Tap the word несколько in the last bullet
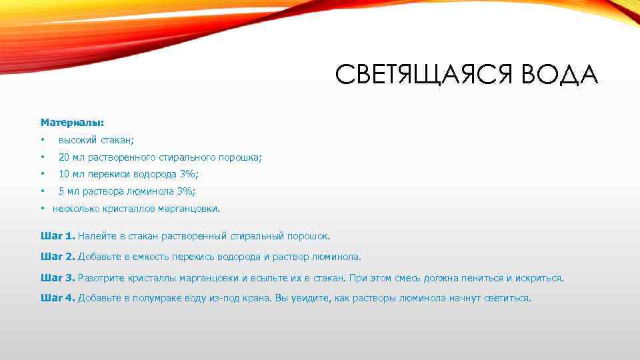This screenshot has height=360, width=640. [x=76, y=209]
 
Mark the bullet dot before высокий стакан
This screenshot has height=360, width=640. [x=42, y=140]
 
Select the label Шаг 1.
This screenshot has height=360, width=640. [x=58, y=236]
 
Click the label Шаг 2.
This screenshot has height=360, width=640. [x=58, y=256]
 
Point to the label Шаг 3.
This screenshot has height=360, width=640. [x=58, y=277]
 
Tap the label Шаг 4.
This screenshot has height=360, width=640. [x=58, y=298]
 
